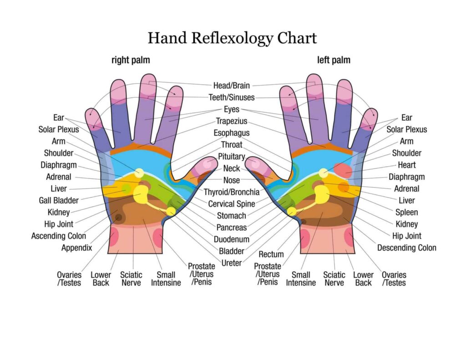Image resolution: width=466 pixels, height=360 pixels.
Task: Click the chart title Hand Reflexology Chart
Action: [x=232, y=38]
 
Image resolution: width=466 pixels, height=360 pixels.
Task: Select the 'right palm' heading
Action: [x=131, y=60]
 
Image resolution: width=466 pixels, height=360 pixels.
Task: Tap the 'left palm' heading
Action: [x=334, y=60]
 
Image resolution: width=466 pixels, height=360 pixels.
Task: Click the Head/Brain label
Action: [x=232, y=85]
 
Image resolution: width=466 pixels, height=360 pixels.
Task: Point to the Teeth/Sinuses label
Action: [x=232, y=97]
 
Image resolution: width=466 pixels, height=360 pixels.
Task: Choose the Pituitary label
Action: [x=232, y=157]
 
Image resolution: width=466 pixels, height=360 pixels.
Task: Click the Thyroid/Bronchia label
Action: [x=232, y=192]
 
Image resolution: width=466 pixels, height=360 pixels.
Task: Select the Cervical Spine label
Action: [x=232, y=204]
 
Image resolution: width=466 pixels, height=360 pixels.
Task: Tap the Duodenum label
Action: [x=232, y=239]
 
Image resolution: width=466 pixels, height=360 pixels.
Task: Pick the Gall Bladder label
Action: [x=59, y=200]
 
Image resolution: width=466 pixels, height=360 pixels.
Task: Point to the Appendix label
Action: [x=77, y=248]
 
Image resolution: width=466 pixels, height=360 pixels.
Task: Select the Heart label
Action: [x=406, y=165]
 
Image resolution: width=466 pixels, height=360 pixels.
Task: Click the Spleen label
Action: [x=406, y=212]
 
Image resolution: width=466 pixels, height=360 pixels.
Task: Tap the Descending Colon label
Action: [x=406, y=248]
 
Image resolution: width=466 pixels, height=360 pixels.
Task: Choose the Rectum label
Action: [x=271, y=254]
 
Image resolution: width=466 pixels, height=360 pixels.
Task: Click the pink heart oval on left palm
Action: [x=342, y=170]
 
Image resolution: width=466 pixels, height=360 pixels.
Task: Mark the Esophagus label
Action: [x=232, y=133]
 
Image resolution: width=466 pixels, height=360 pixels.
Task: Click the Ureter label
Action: [x=232, y=263]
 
